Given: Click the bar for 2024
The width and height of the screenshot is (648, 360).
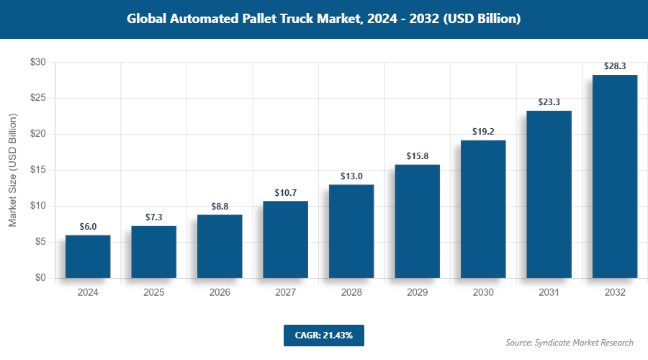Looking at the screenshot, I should coord(88,256).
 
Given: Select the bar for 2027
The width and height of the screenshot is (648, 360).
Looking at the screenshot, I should coord(285,239).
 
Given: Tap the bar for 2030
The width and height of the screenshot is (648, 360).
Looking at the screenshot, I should coord(483,209).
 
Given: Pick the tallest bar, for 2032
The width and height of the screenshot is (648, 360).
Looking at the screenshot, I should coord(615,176).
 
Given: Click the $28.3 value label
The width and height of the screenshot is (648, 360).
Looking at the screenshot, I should coord(615,66).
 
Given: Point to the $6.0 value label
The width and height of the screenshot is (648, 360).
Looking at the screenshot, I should coord(88,226).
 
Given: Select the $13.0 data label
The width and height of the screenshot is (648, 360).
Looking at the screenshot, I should coord(351,176).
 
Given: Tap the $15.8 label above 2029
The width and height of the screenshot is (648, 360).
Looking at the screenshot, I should coord(417,156).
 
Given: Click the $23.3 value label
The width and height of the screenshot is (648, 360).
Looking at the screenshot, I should coord(549,102).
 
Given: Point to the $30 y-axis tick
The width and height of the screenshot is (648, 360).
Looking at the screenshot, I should coord(37,63).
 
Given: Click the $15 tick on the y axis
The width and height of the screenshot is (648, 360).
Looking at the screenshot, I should coord(37,170).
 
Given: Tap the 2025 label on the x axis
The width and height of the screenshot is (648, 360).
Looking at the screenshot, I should coord(153,293).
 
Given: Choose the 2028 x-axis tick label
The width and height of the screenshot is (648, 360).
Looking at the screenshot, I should coord(351,293).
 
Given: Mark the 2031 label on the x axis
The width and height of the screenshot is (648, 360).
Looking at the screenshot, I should coord(549,293).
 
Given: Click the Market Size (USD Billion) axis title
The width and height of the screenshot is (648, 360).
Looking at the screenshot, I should coord(13,170).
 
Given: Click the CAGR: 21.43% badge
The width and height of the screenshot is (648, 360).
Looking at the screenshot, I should coord(323,335).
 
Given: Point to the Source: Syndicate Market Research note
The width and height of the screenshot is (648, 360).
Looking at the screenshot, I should coord(570,342).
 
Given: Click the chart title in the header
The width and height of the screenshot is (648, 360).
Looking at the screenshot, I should coord(323,19).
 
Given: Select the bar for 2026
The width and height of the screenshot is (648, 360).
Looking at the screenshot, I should coord(220,246).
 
